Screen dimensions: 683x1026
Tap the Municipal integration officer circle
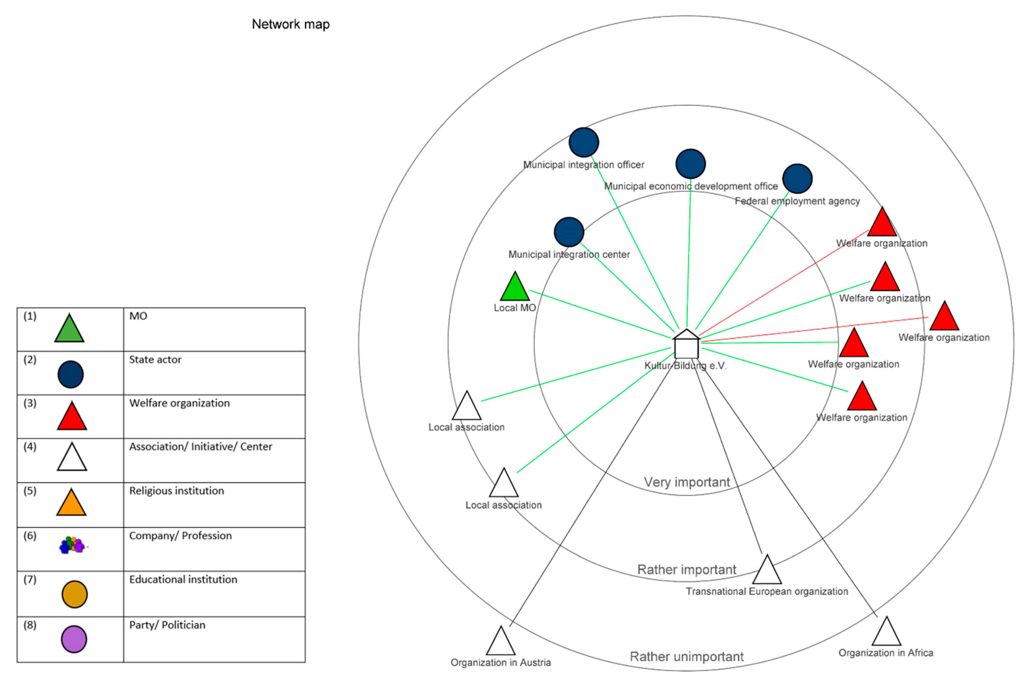[x=584, y=142]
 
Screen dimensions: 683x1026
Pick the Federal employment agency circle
[x=797, y=179]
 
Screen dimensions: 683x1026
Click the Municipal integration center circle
[x=569, y=232]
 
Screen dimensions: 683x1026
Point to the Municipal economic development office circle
[x=690, y=164]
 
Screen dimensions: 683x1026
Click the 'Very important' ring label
[x=687, y=482]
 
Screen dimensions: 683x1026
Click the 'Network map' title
[x=291, y=25]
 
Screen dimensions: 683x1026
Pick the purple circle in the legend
[x=74, y=639]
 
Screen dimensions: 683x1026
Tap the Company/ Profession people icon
[x=72, y=545]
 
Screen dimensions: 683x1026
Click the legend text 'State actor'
[x=155, y=360]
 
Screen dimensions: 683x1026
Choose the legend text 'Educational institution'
[x=183, y=579]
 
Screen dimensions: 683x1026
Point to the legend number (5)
[x=30, y=491]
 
